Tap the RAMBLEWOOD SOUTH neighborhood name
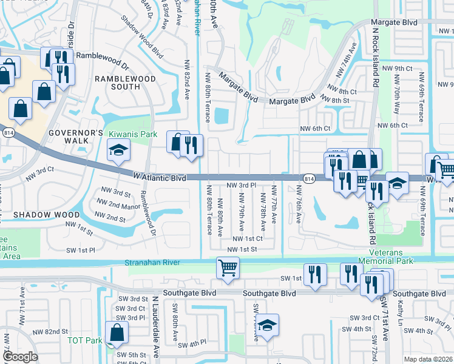124,83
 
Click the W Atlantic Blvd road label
159,178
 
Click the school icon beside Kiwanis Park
118,150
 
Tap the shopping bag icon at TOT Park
116,332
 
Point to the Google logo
20,356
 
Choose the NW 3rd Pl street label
242,185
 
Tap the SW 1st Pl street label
81,250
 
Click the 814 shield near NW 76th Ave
309,178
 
